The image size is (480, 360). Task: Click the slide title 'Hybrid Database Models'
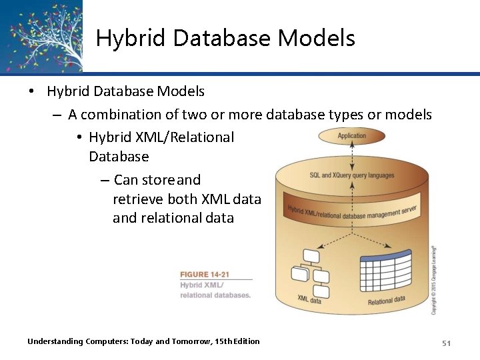225,38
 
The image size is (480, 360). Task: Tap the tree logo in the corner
41,35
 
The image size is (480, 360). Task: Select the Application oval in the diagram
351,136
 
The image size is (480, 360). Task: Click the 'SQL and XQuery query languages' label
351,175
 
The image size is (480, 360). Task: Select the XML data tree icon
310,273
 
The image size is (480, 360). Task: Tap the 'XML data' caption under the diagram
309,301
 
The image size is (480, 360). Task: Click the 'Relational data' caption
386,300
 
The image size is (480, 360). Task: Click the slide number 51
446,343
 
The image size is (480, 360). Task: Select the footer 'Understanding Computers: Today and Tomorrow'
143,341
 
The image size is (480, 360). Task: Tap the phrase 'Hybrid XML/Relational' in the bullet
161,137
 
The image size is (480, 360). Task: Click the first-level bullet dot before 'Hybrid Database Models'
31,91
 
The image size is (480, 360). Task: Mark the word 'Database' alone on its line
119,157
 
